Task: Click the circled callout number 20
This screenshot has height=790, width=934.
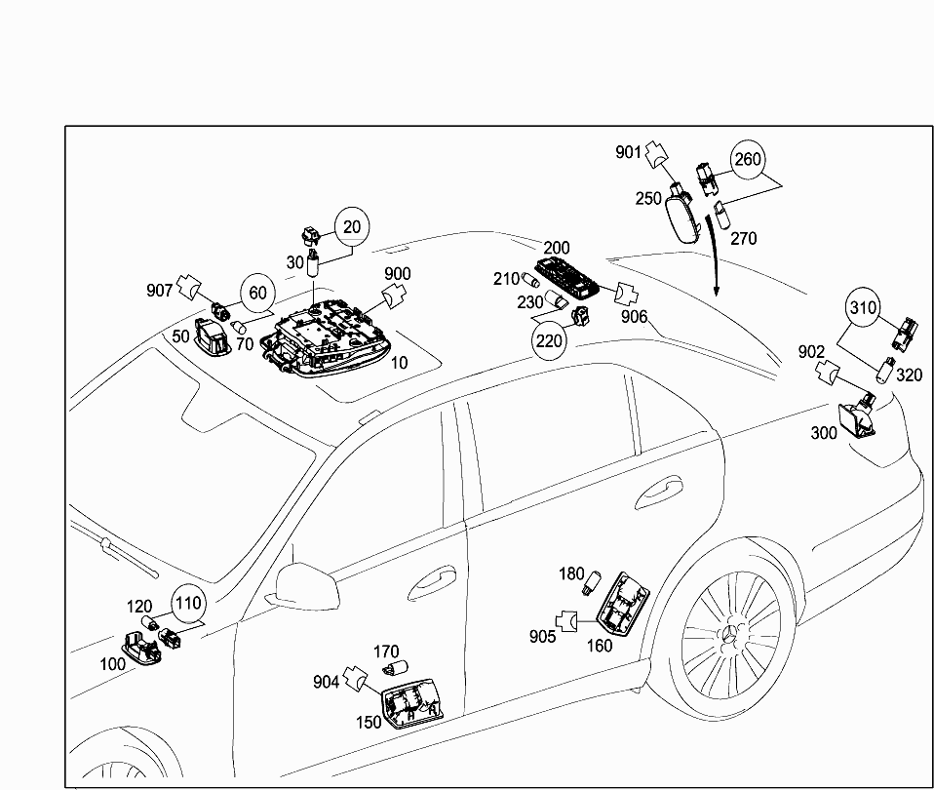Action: click(x=352, y=227)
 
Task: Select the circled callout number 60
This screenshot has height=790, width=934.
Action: click(x=257, y=292)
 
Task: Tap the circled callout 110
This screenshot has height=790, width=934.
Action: click(x=189, y=604)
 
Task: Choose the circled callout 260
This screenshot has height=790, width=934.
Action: click(x=747, y=159)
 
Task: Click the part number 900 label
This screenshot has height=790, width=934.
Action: click(x=397, y=273)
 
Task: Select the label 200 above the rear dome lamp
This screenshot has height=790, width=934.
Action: click(x=557, y=249)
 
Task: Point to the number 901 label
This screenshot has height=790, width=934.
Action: click(x=629, y=151)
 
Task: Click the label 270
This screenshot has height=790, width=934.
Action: click(x=743, y=237)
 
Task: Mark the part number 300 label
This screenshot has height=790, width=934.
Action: click(x=824, y=433)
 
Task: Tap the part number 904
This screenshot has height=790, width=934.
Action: click(x=327, y=682)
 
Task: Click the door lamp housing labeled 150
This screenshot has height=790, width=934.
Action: click(x=409, y=703)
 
